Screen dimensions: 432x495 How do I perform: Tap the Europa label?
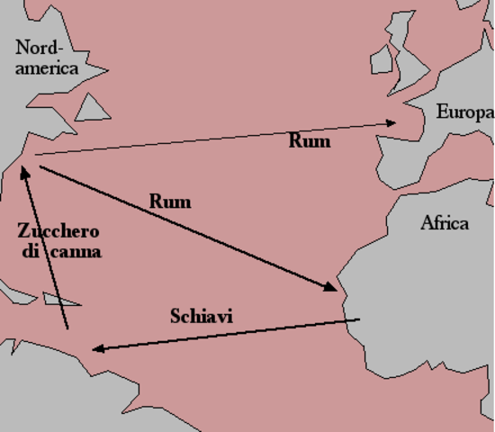(464, 112)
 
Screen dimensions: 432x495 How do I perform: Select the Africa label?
(445, 223)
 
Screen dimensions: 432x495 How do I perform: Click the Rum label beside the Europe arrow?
(309, 141)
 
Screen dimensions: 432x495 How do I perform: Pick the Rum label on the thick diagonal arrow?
(170, 202)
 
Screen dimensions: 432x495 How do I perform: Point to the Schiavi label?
(197, 317)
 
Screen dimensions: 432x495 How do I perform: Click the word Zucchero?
(58, 230)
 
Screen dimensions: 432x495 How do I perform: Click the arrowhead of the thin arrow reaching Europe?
(392, 122)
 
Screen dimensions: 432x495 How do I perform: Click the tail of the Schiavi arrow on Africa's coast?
(359, 319)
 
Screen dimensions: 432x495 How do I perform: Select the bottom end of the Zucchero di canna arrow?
(65, 328)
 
